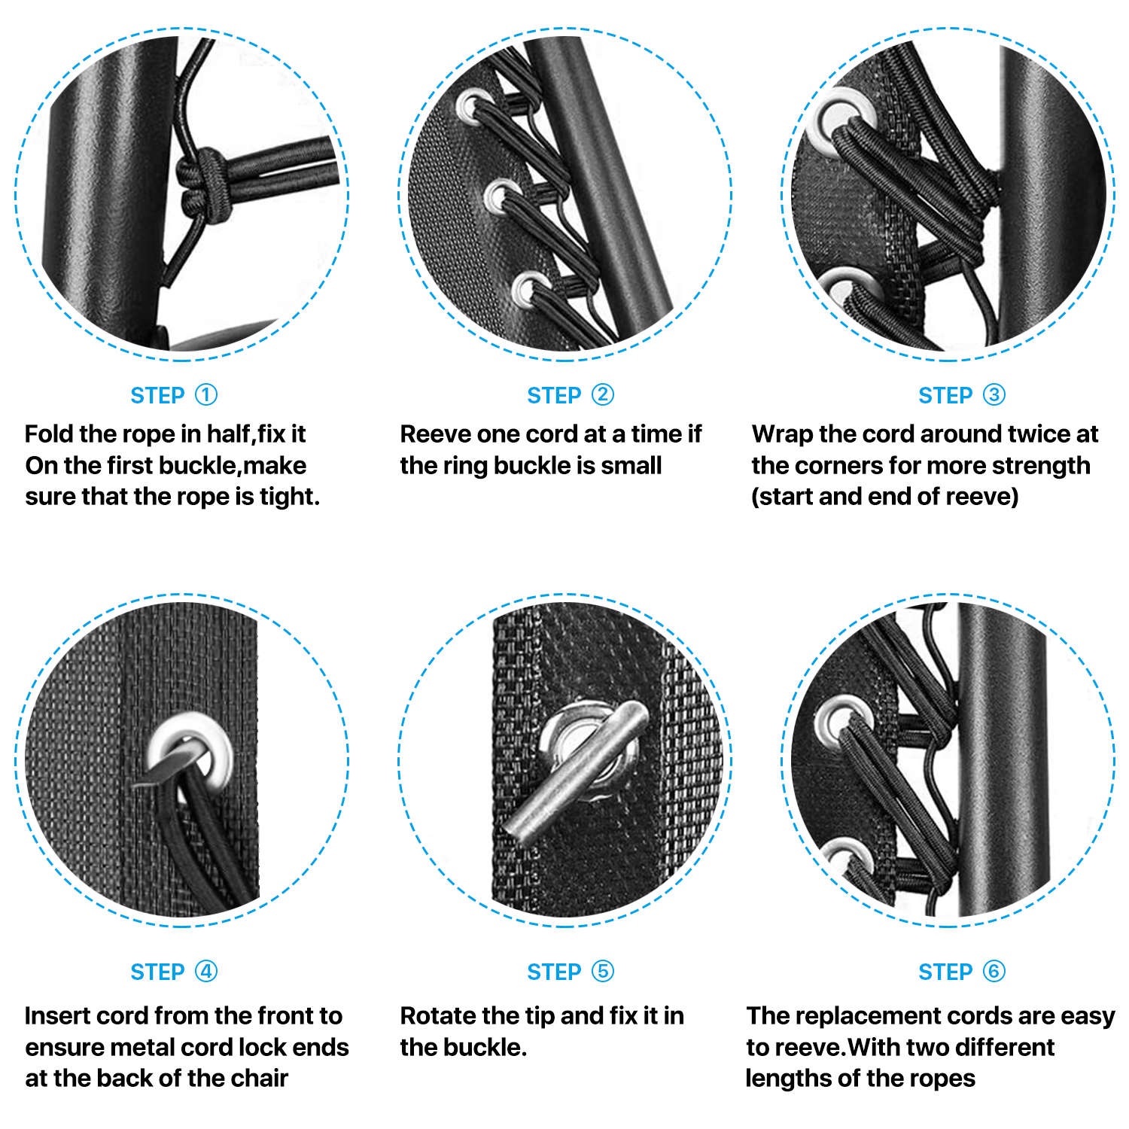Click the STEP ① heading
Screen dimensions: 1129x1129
[x=174, y=395]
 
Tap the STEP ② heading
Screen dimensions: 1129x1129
[x=570, y=395]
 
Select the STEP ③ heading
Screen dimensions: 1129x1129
[x=961, y=395]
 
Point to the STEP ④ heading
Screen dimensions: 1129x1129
[x=174, y=972]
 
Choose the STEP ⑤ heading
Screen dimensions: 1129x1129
[x=570, y=972]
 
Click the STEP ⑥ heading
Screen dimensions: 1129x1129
[x=961, y=972]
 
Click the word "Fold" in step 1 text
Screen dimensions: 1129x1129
[x=48, y=434]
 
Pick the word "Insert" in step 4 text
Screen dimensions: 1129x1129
[x=57, y=1016]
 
